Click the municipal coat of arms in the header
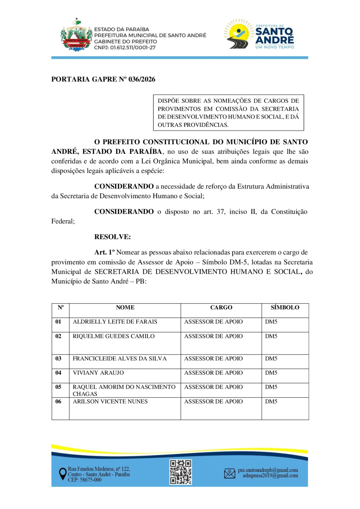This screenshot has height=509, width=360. [76, 36]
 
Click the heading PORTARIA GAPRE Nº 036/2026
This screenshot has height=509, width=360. [103, 79]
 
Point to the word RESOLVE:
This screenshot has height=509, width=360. [112, 237]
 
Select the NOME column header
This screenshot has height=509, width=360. [125, 307]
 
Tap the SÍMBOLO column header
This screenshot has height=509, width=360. [285, 307]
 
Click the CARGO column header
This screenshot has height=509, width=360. [221, 307]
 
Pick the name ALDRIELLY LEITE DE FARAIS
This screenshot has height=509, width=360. [115, 322]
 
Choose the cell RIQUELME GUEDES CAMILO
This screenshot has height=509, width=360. [113, 336]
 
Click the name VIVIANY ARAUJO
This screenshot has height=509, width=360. [98, 373]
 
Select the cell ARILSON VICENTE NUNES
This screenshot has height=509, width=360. [110, 401]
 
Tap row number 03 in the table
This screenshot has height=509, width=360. [58, 358]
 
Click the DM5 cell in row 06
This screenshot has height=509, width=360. [271, 401]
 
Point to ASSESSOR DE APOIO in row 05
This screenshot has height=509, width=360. [213, 387]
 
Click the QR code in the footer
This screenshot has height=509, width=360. [181, 472]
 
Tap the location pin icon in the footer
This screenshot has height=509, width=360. [62, 474]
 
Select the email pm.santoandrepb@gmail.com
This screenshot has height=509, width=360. [268, 470]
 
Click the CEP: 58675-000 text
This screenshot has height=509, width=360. [85, 480]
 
